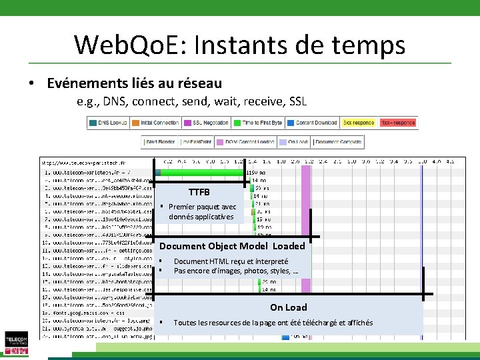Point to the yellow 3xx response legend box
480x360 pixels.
click(x=358, y=123)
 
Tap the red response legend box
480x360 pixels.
click(x=397, y=123)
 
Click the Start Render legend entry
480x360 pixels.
click(x=159, y=142)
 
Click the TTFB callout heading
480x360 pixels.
click(x=199, y=192)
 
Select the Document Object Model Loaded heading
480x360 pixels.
click(x=231, y=246)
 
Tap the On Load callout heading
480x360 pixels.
click(x=288, y=307)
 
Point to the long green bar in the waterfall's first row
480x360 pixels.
click(x=200, y=173)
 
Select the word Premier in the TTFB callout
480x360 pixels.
click(x=185, y=207)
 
